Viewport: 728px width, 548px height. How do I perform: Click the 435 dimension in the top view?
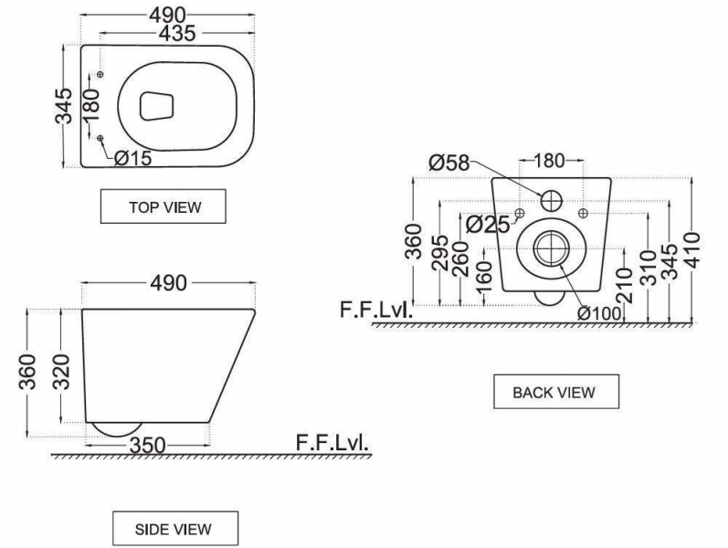coord(177,34)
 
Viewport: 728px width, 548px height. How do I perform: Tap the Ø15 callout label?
coord(132,158)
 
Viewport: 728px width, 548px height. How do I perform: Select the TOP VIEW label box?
coord(164,206)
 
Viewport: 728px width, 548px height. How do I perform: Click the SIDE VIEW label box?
coord(175,529)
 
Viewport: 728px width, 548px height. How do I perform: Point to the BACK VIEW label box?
coord(556,392)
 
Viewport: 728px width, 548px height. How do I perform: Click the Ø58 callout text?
coord(449,163)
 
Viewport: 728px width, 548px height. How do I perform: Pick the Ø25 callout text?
coord(488,225)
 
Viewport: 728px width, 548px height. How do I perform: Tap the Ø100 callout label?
coord(599,313)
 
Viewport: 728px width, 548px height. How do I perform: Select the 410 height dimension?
coord(692,250)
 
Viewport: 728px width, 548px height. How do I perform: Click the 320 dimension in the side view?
coord(61,372)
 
